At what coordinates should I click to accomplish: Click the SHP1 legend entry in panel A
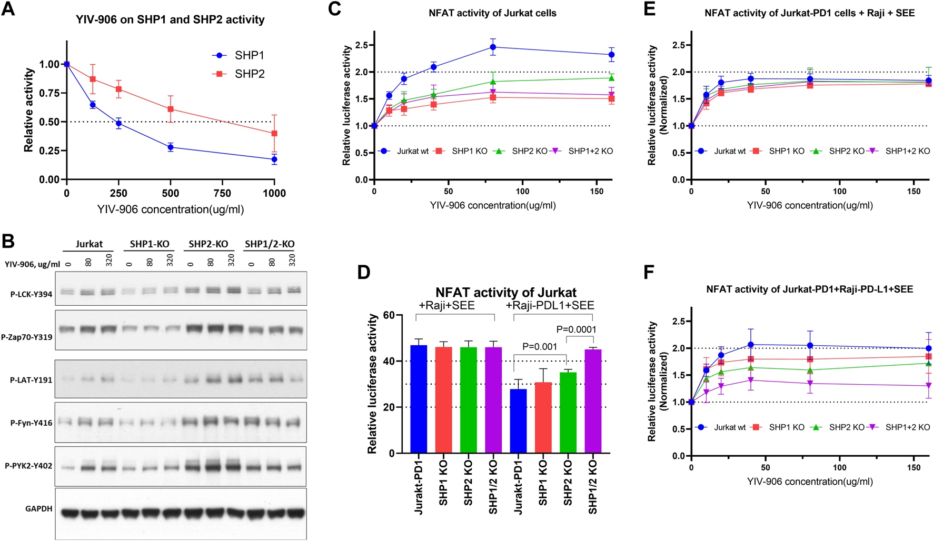click(x=249, y=55)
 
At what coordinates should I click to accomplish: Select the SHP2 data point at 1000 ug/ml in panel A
click(x=274, y=134)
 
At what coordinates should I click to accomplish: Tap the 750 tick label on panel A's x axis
click(x=222, y=194)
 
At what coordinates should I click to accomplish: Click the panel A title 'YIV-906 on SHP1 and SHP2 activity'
click(x=170, y=19)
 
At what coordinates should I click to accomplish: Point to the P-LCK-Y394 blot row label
click(x=32, y=294)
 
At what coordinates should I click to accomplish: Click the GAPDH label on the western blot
click(x=38, y=508)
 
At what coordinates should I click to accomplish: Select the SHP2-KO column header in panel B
click(x=208, y=244)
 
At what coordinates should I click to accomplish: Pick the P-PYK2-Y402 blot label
click(x=28, y=466)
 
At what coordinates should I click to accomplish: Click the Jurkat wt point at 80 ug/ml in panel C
click(x=493, y=47)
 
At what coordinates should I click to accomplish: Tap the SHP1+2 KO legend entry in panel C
click(x=590, y=151)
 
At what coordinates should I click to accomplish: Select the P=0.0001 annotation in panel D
click(x=576, y=329)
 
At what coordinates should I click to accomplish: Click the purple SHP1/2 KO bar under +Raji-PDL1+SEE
click(x=593, y=401)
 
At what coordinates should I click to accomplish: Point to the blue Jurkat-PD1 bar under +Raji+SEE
click(x=419, y=399)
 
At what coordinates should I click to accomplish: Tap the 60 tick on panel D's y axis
click(x=389, y=315)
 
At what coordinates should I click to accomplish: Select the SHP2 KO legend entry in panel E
click(x=846, y=151)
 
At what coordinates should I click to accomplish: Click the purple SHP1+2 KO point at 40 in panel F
click(x=751, y=380)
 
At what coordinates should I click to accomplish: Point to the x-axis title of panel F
click(x=810, y=482)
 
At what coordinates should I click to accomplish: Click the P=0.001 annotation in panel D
click(x=539, y=347)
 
